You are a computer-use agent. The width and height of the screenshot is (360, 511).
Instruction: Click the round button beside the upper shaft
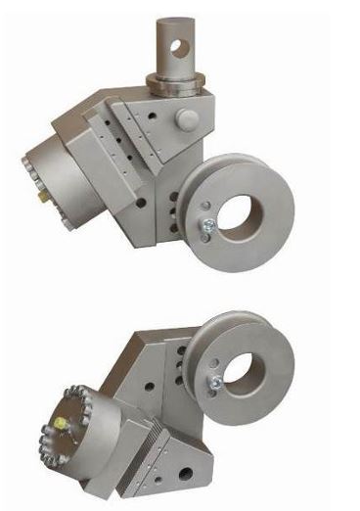click(x=185, y=117)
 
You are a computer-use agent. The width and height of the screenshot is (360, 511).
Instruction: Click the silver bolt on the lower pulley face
click(x=211, y=384)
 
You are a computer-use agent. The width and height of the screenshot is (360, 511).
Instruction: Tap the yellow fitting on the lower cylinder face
click(x=61, y=424)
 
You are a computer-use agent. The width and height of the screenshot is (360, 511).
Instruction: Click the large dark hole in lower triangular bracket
click(x=185, y=475)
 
